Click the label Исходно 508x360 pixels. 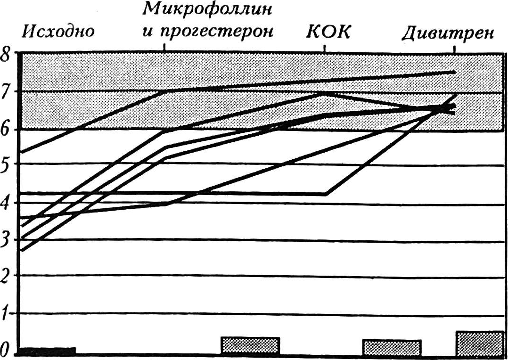(x=57, y=32)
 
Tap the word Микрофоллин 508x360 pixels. (x=207, y=10)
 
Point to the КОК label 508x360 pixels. (x=328, y=32)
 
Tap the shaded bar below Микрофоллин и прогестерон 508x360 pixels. (x=250, y=345)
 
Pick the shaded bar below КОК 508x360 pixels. (x=392, y=347)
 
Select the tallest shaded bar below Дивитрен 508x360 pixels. (x=480, y=343)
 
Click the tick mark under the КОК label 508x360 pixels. (x=325, y=48)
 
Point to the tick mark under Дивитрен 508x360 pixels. (x=454, y=49)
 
